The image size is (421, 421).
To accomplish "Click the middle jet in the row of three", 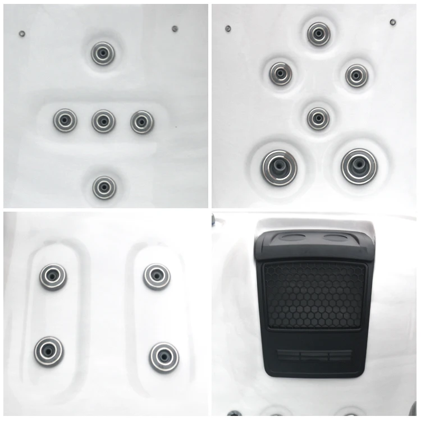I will point(103,121).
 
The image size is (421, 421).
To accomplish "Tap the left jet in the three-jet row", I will point(65,120).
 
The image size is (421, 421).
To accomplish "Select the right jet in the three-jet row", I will point(142,121).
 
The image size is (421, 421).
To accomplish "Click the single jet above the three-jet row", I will point(103,53).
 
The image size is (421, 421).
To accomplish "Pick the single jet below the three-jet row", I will point(104,187).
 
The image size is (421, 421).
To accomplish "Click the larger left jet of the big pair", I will point(279,166).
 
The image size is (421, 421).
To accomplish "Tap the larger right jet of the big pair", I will point(359,166).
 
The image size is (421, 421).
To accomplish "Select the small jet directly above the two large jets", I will point(318,118).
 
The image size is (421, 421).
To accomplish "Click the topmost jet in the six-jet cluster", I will point(318,34).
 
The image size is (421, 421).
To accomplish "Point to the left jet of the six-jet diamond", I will point(281,74).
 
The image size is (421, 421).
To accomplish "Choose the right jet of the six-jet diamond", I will point(356,75).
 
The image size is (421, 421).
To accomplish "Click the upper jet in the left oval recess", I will point(53,276).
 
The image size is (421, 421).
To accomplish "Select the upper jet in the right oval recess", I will point(156,276).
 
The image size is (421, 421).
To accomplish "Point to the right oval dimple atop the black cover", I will point(336,238).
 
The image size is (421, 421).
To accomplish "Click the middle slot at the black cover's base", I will point(314,355).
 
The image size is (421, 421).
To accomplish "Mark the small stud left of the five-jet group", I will point(22,34).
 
